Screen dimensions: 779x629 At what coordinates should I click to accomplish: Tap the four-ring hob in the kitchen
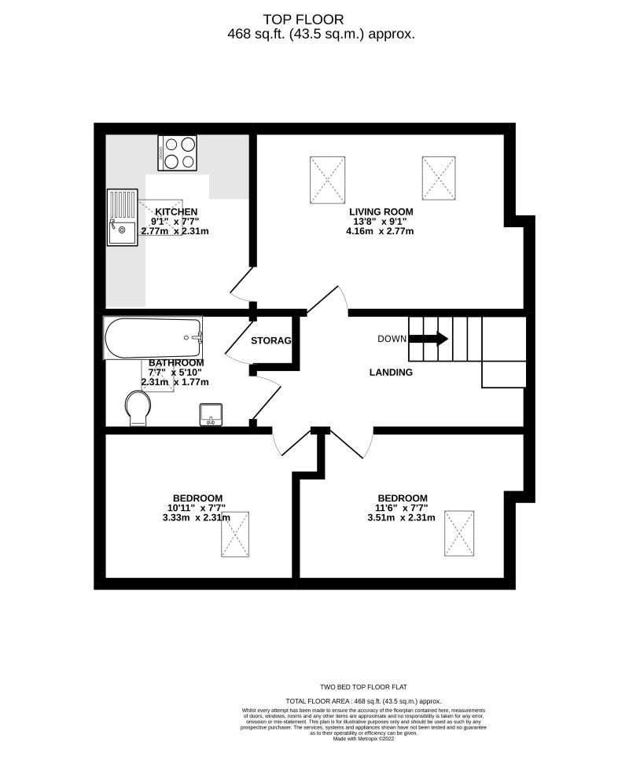tap(177, 152)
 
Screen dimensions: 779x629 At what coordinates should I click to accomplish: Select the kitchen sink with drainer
tap(122, 218)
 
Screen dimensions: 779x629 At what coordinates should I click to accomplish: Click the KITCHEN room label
tap(176, 211)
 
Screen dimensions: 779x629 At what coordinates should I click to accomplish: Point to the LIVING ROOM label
tap(382, 211)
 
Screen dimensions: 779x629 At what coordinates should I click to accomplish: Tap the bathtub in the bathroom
tap(153, 337)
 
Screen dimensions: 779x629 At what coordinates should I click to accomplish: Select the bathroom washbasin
tap(211, 413)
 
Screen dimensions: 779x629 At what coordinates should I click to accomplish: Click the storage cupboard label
tap(271, 341)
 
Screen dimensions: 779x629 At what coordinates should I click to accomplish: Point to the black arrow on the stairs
tap(429, 339)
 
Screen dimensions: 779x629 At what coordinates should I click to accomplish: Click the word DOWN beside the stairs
tap(392, 339)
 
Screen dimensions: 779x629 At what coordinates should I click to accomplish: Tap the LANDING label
tap(391, 373)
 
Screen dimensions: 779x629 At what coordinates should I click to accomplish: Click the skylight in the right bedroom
tap(459, 533)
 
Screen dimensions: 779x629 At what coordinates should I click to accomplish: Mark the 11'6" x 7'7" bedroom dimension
tap(403, 508)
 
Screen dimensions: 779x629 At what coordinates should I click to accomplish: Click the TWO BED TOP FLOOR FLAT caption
tap(362, 686)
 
